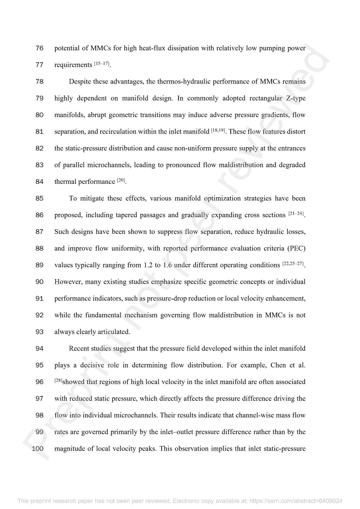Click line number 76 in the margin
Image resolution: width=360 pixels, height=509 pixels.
click(39, 48)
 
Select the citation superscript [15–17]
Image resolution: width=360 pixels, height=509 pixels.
click(102, 63)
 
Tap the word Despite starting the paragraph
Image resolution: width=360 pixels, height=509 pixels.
click(80, 82)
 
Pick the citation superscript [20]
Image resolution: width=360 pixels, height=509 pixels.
click(121, 180)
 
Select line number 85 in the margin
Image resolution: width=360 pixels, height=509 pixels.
click(39, 199)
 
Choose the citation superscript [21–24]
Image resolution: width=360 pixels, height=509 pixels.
click(296, 214)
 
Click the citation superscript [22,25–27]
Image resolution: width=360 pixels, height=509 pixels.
click(293, 264)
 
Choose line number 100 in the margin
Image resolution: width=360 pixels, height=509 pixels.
click(38, 449)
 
